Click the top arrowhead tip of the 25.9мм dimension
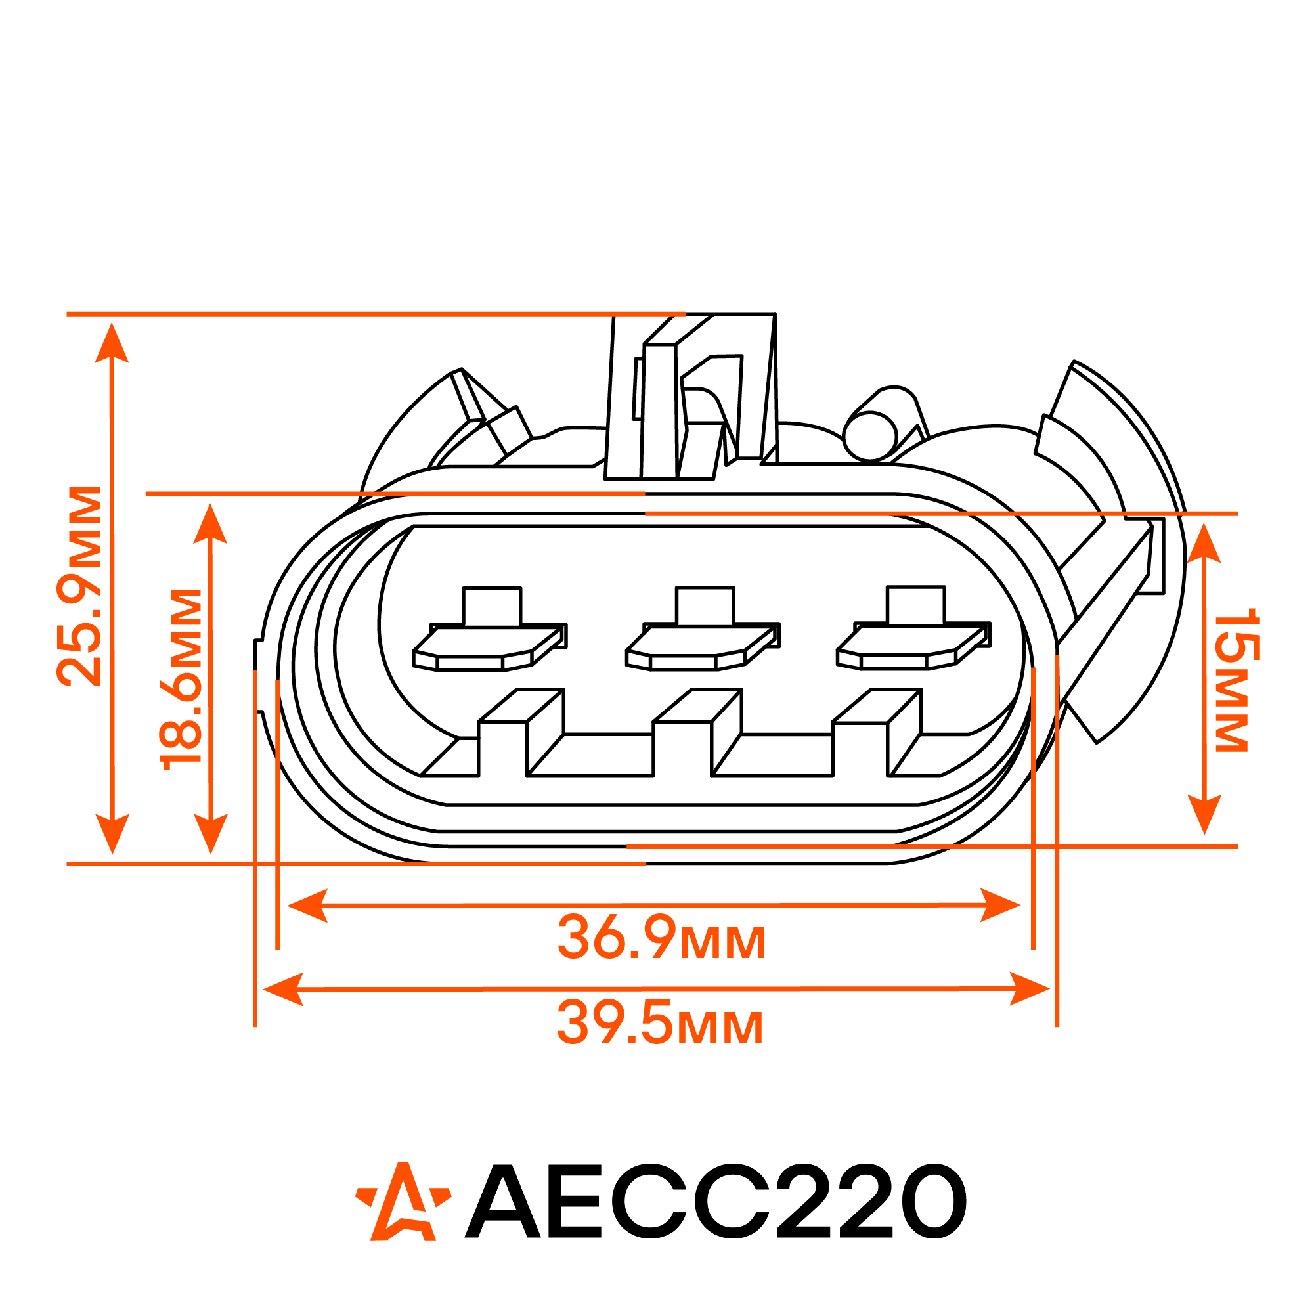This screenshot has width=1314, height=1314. tap(112, 324)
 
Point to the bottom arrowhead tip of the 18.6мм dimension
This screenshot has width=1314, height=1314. tap(211, 853)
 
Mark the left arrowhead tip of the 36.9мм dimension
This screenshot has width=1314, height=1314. tap(288, 906)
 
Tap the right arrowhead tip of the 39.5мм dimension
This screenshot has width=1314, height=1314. tap(1049, 989)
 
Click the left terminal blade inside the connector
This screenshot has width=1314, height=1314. tap(490, 647)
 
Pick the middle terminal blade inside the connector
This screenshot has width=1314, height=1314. tap(703, 647)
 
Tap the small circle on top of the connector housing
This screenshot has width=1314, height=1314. tap(870, 436)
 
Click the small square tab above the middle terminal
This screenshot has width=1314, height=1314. tap(705, 605)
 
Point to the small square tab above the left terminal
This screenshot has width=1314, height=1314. tap(492, 606)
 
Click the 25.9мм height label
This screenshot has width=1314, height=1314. tap(79, 586)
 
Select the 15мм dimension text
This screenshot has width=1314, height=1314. tap(1237, 680)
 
